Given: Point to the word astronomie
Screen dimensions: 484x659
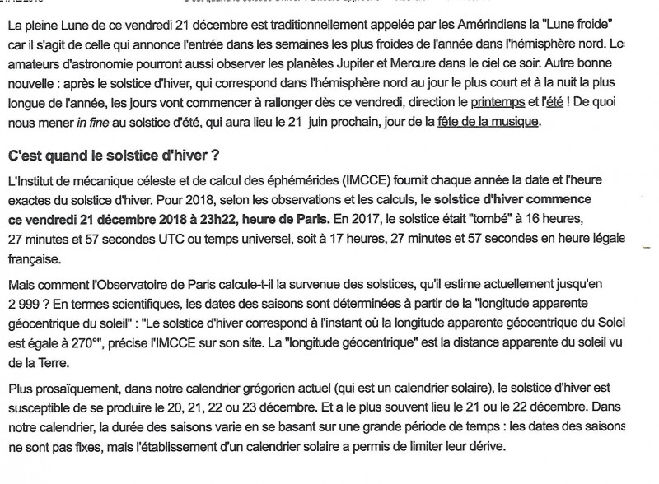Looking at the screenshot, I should (112, 62).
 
